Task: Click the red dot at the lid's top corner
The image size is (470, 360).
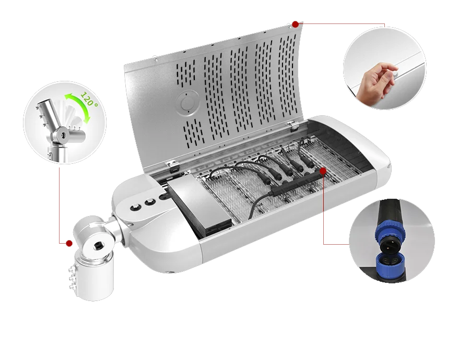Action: pos(295,24)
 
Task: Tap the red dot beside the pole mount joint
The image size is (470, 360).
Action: pos(69,243)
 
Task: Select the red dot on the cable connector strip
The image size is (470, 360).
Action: pos(323,171)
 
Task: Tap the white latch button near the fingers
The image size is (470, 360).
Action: pos(395,73)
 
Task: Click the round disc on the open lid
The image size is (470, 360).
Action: pos(187,103)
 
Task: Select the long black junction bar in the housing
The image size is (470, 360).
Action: pos(297,184)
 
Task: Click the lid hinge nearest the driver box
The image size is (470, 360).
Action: pos(173,164)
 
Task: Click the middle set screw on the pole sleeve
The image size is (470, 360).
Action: pos(72,279)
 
